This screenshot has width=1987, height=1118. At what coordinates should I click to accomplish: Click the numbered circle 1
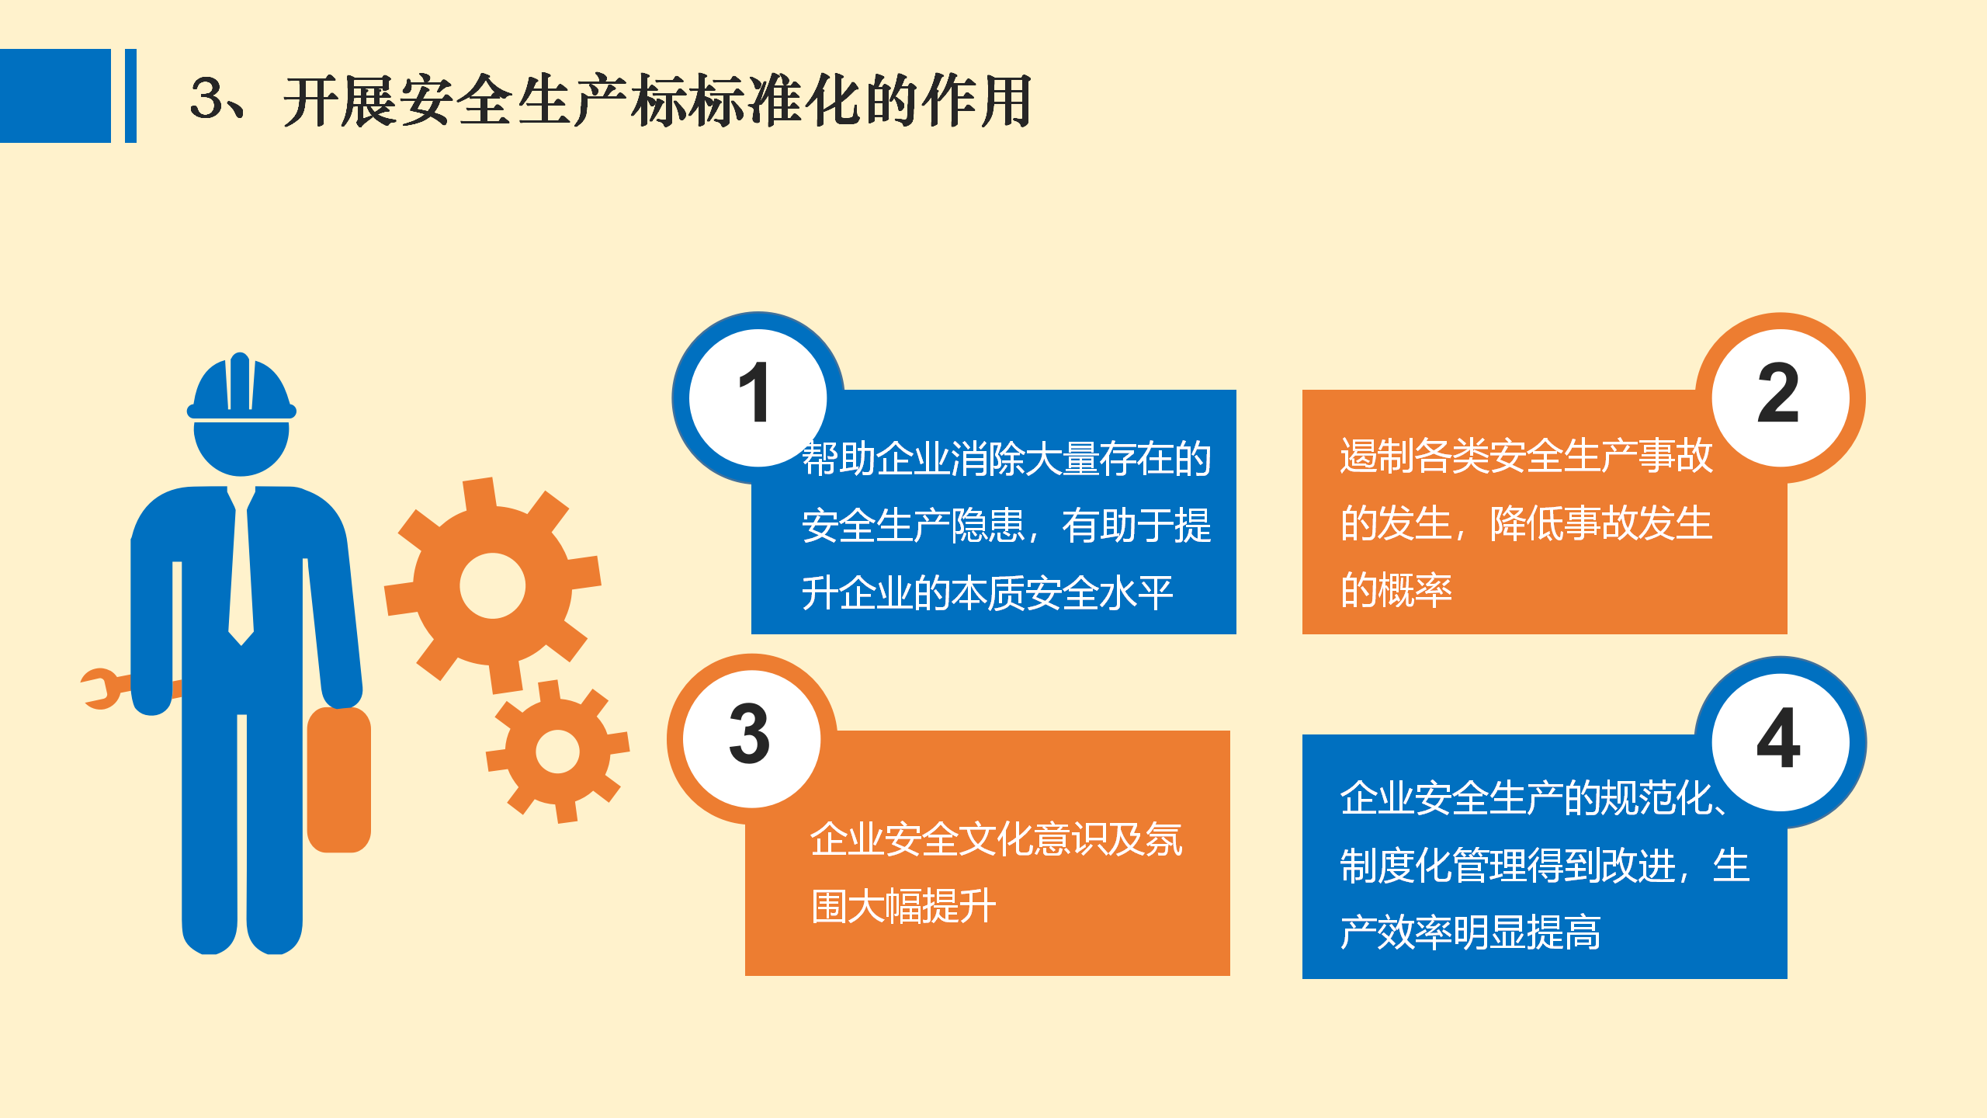pos(758,398)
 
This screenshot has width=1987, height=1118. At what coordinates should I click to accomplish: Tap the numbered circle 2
pos(1780,398)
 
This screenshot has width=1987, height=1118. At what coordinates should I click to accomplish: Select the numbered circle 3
pos(752,738)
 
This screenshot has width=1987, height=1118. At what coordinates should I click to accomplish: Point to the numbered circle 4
pos(1781,742)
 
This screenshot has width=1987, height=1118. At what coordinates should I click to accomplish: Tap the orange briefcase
pos(339,779)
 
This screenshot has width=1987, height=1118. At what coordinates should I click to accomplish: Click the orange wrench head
pos(102,689)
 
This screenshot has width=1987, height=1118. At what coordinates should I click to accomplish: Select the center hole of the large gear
pos(493,585)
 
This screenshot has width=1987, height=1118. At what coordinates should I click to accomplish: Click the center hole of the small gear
pos(557,751)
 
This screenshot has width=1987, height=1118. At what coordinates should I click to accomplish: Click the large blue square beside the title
pos(55,95)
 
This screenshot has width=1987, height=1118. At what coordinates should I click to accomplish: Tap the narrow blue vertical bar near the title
pos(130,95)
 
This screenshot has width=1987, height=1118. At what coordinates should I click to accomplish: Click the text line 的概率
pos(1396,590)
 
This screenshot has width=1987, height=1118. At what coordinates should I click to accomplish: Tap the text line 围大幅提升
pos(903,906)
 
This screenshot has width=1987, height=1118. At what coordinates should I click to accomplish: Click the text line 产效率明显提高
pos(1471,932)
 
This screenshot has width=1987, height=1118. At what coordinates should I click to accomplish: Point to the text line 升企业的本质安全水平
pos(987,593)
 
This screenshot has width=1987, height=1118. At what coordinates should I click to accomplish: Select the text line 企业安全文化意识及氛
pos(996,839)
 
